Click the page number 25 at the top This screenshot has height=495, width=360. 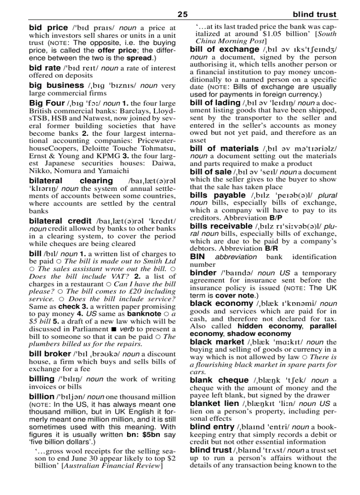(x=182, y=15)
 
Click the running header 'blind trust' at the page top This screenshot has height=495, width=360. (x=314, y=15)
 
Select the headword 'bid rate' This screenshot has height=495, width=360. (x=45, y=68)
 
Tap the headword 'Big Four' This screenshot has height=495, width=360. (x=47, y=103)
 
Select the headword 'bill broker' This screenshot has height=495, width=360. (x=50, y=354)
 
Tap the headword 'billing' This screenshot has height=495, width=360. (x=41, y=379)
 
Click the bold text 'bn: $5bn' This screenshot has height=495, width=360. (x=143, y=435)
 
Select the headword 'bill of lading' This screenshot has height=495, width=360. (x=215, y=103)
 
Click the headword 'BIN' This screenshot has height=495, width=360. (x=198, y=257)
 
